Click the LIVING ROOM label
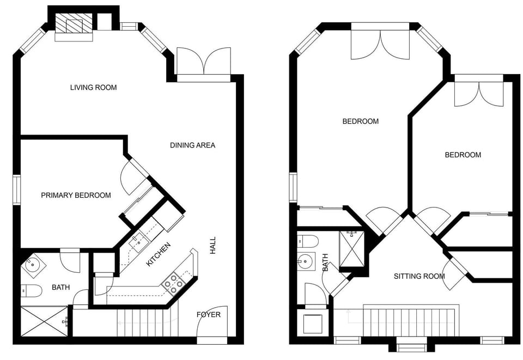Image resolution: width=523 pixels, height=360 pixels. click(93, 87)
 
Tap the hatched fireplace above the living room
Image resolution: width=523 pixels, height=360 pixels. click(74, 25)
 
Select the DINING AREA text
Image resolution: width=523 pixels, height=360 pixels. click(192, 145)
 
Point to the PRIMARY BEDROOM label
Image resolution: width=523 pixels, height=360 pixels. click(76, 195)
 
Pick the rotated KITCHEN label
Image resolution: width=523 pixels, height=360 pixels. click(159, 254)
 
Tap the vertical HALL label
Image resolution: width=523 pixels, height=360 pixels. click(212, 245)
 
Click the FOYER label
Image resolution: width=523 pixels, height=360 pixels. click(209, 314)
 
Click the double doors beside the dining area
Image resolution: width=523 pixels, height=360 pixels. click(204, 61)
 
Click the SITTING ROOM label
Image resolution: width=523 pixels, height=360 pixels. click(419, 276)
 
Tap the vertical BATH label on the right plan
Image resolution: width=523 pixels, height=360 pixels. click(325, 263)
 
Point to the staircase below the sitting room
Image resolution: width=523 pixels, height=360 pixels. click(409, 321)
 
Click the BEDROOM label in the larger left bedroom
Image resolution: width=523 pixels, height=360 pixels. click(360, 121)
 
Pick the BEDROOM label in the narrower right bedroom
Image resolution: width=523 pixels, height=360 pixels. click(463, 155)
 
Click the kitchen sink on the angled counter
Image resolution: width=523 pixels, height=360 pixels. click(136, 242)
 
